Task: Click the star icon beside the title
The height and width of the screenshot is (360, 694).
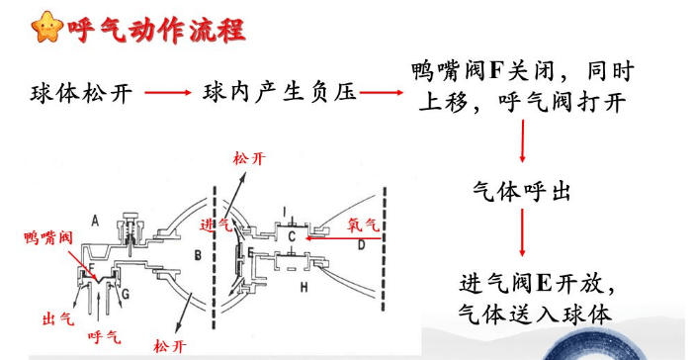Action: [x=46, y=28]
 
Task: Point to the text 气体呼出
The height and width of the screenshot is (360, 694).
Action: [x=522, y=188]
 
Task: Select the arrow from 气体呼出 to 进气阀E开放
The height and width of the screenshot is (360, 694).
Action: [x=521, y=236]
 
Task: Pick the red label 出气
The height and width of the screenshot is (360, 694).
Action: [x=57, y=318]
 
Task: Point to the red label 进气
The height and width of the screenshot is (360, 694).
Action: [x=215, y=225]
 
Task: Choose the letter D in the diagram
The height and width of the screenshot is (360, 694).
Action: [x=361, y=243]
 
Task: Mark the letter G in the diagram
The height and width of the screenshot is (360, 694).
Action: [x=126, y=296]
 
